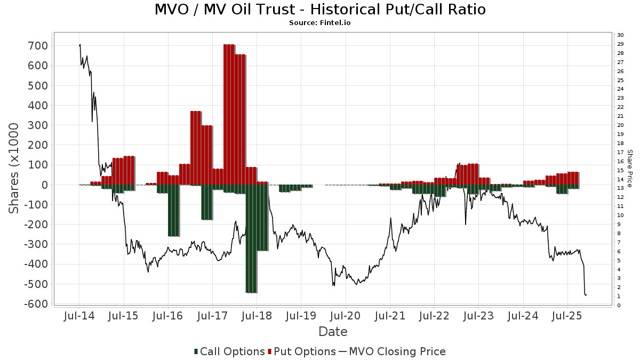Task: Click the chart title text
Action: click(x=320, y=10)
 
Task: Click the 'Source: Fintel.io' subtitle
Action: click(x=320, y=22)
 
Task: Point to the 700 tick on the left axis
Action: click(x=38, y=46)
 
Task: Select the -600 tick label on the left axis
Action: click(x=36, y=304)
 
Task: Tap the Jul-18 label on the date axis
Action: click(x=257, y=316)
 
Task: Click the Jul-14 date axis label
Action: click(x=79, y=316)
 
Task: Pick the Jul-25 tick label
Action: click(x=567, y=316)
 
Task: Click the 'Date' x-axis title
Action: click(x=333, y=332)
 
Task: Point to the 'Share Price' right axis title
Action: click(x=630, y=169)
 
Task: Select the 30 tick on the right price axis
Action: click(x=620, y=35)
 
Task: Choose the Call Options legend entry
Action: click(x=229, y=351)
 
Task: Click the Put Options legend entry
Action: click(x=302, y=351)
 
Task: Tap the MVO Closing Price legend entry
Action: click(x=392, y=351)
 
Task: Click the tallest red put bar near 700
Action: click(x=229, y=115)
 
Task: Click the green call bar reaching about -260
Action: click(x=174, y=211)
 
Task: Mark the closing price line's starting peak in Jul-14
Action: click(x=79, y=45)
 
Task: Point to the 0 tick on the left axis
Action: click(x=44, y=185)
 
